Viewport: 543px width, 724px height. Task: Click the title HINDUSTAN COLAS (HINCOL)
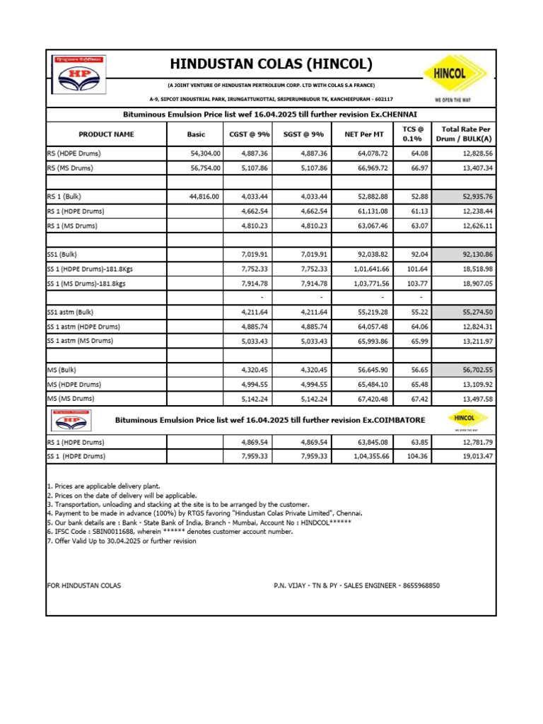(271, 64)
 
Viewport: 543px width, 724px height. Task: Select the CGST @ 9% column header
(250, 134)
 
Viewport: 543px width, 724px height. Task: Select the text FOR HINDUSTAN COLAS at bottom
(83, 585)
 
